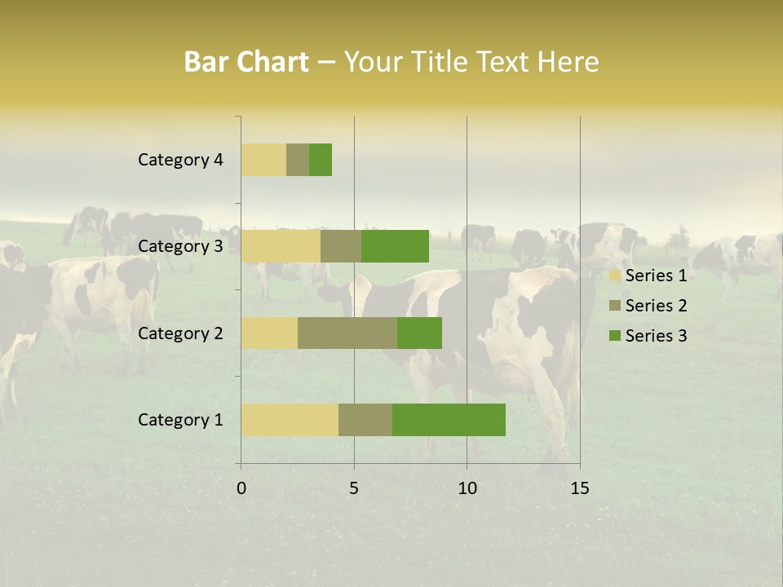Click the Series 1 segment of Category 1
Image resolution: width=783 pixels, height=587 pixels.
290,419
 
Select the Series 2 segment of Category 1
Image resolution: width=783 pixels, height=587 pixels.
365,419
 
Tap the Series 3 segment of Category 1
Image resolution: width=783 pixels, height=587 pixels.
449,419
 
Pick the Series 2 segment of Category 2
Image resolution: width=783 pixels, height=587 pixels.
347,333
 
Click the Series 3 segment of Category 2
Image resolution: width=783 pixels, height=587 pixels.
419,333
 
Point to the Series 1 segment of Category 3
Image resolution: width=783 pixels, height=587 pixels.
281,246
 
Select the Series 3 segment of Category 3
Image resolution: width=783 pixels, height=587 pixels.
395,246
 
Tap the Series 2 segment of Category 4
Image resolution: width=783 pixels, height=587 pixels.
298,160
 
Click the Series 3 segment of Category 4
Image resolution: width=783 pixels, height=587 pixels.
321,160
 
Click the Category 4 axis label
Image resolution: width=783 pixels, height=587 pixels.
180,160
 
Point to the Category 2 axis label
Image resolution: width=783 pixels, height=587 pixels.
180,333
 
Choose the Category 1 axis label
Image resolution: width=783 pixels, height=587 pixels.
180,420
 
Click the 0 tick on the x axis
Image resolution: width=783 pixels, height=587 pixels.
241,488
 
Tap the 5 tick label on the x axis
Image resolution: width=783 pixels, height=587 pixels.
354,488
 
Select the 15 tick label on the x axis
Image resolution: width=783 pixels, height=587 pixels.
580,488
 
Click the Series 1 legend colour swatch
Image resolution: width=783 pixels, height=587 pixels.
614,276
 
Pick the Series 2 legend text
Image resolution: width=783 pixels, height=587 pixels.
656,306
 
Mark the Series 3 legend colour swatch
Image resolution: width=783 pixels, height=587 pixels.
614,336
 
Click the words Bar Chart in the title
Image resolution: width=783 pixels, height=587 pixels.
246,62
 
